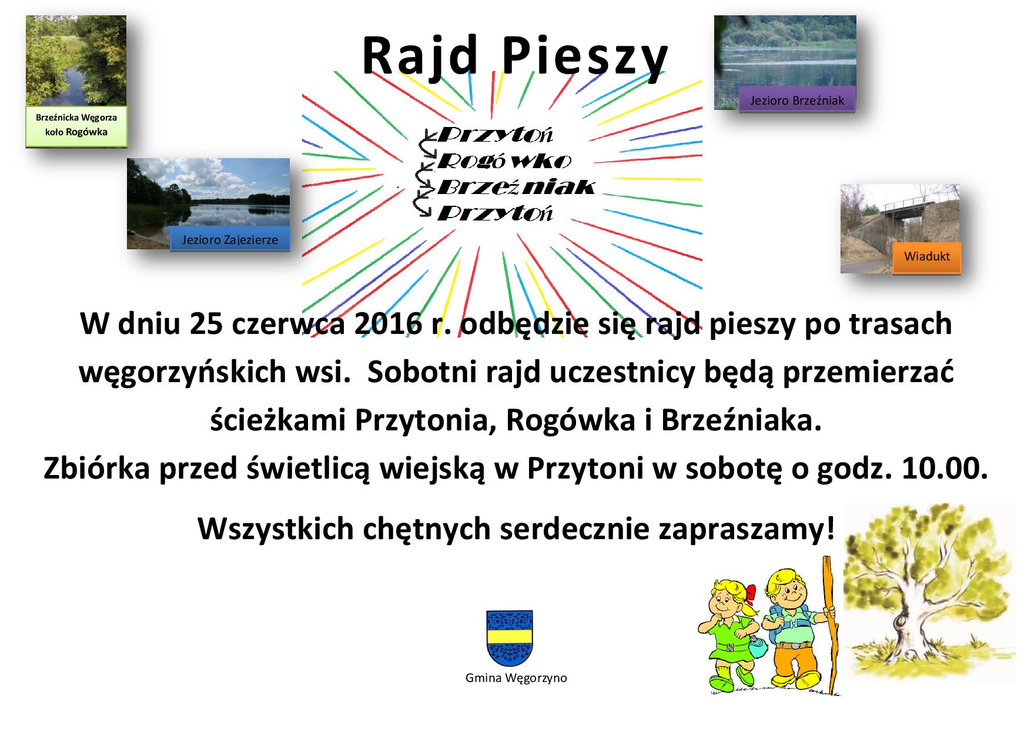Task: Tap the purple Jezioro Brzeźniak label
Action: tap(796, 101)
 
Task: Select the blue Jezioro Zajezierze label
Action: tap(230, 239)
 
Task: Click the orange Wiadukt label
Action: tap(927, 256)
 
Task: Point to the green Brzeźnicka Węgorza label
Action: tap(76, 125)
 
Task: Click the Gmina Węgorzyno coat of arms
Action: tap(510, 638)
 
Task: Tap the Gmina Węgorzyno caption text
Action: tap(516, 678)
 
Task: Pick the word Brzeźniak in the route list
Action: tap(516, 187)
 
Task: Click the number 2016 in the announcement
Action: tap(387, 325)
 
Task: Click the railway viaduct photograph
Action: tap(899, 228)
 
